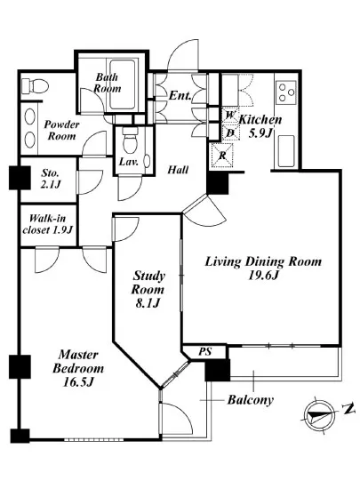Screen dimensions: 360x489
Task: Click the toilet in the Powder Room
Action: (x=36, y=84)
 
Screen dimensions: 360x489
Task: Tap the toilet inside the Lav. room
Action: (x=131, y=140)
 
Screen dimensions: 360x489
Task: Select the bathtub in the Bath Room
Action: (x=122, y=84)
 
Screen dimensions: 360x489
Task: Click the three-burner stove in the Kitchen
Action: (x=286, y=92)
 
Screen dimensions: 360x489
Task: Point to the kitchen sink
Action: (x=286, y=151)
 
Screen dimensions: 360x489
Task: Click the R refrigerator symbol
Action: (x=222, y=155)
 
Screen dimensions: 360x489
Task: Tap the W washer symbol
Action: (x=230, y=115)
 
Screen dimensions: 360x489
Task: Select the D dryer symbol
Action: (x=230, y=132)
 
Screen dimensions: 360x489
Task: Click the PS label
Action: (x=205, y=352)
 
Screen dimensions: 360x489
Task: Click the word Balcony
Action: (x=251, y=399)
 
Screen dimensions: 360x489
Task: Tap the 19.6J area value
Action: (x=263, y=276)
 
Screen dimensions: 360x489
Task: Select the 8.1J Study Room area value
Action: (x=148, y=303)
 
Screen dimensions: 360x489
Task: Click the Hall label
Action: (x=178, y=170)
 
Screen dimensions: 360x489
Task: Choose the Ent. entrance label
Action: (x=180, y=95)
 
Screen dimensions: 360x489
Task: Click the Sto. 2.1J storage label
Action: (x=50, y=179)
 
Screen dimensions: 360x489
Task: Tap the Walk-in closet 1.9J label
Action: (x=48, y=224)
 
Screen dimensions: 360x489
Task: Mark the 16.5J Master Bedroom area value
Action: (x=78, y=381)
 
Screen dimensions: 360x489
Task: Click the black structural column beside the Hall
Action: (x=218, y=184)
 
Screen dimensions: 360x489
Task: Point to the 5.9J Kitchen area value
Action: (x=260, y=132)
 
